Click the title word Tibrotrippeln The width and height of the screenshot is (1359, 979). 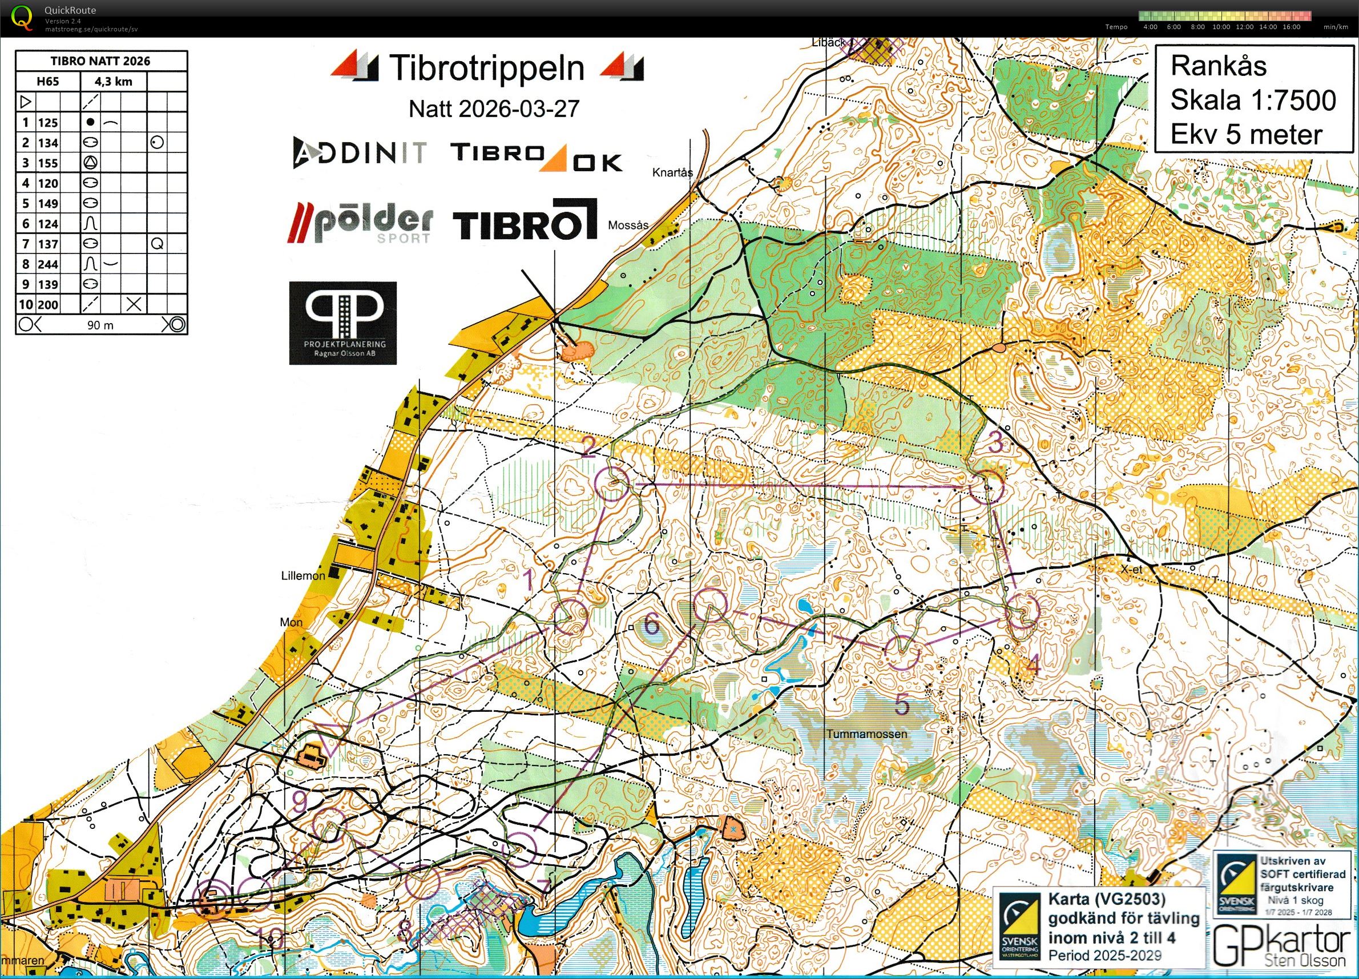coord(486,68)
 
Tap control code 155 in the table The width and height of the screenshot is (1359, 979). coord(48,163)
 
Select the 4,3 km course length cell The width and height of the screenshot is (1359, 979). coord(113,82)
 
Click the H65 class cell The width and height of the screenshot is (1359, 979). coord(47,82)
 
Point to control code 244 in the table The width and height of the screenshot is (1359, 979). coord(48,264)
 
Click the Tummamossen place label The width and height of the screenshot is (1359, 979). coord(866,734)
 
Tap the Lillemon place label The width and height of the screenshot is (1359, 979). coord(303,576)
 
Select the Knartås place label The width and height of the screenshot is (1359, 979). coord(672,172)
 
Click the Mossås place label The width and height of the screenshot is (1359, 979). coord(628,225)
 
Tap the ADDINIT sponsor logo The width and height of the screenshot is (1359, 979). coord(360,153)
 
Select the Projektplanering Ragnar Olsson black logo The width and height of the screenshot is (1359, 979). coord(342,323)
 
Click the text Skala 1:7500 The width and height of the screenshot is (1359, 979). coord(1252,100)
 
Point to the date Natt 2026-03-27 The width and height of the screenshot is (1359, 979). coord(494,109)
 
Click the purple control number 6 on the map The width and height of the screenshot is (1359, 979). coord(651,626)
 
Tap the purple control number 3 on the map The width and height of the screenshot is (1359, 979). coord(995,444)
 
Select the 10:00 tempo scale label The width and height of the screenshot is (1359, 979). coord(1220,27)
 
